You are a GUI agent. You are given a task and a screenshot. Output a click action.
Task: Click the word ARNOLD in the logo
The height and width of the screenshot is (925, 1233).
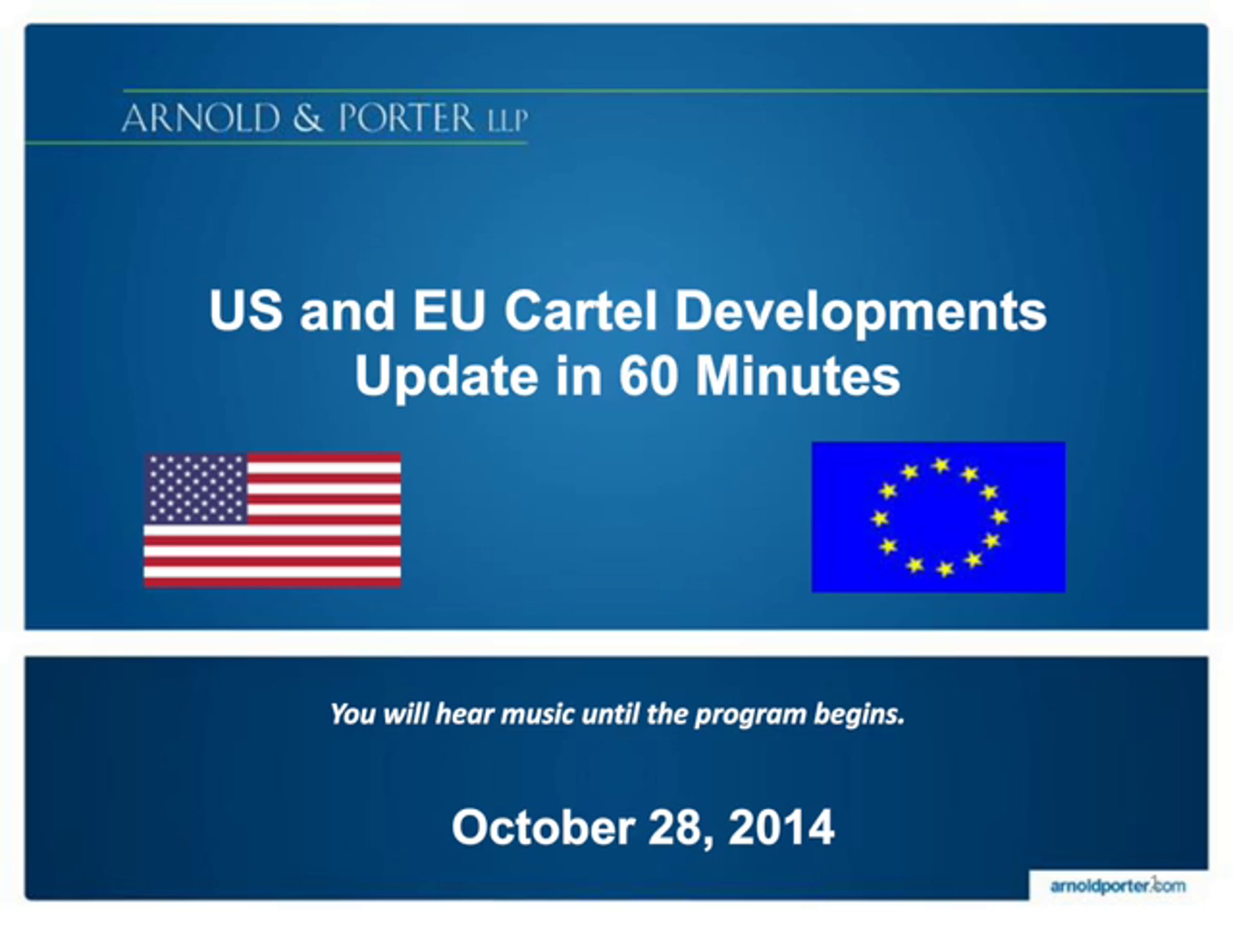(x=201, y=118)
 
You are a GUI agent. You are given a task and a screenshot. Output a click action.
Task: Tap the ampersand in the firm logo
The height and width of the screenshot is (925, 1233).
(x=308, y=118)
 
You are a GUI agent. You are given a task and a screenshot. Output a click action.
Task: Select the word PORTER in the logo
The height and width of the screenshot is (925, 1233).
(x=406, y=118)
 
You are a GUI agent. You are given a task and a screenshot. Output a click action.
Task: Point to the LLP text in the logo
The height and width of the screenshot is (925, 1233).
(x=507, y=120)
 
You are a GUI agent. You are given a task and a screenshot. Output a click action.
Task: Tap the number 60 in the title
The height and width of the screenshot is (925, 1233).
(x=648, y=376)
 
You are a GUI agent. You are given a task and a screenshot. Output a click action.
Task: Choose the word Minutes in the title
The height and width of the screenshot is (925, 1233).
(x=798, y=376)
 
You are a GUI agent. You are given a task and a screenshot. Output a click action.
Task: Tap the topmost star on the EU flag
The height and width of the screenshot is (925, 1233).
(x=941, y=465)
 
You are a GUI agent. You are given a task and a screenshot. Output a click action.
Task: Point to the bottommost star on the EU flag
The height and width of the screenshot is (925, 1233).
(x=945, y=569)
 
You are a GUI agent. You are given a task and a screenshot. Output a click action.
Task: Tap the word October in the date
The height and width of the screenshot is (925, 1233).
(x=544, y=827)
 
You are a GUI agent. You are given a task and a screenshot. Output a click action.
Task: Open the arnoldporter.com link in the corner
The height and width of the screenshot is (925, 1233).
(x=1117, y=886)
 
